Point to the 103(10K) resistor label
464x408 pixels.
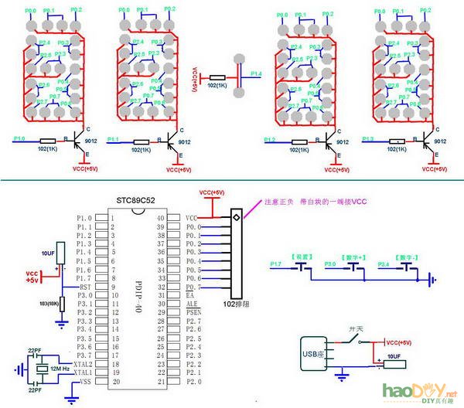[x=51, y=301]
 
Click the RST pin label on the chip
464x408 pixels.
[x=86, y=286]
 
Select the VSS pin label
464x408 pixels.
[x=85, y=381]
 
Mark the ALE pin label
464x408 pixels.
[x=192, y=304]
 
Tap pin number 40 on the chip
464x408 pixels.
[x=160, y=218]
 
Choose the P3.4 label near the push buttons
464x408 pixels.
[x=384, y=264]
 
